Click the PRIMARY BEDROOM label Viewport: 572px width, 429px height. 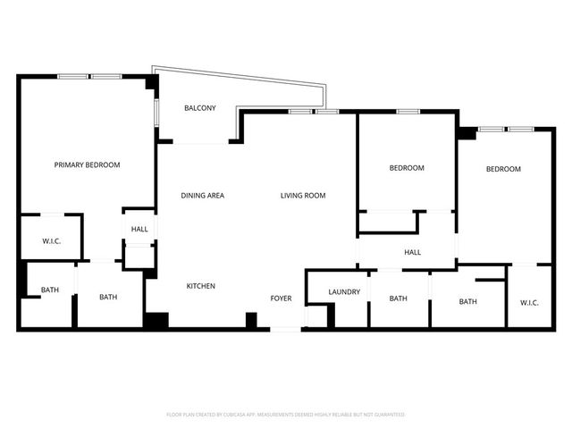[x=87, y=164]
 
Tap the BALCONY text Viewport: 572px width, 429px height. [x=199, y=108]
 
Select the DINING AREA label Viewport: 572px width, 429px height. [x=202, y=196]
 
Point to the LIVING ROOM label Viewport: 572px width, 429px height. [x=303, y=196]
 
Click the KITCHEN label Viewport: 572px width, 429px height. [x=200, y=286]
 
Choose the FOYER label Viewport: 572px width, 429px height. [x=282, y=297]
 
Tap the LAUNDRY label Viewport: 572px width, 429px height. [x=344, y=291]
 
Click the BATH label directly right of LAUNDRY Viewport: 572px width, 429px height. [x=398, y=299]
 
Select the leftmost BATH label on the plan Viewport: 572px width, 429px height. [x=49, y=290]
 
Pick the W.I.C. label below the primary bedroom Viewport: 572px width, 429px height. [x=51, y=241]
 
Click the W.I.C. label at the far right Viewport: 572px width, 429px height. [x=529, y=302]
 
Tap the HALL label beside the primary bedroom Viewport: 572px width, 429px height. [x=139, y=230]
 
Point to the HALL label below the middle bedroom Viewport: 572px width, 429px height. [x=412, y=253]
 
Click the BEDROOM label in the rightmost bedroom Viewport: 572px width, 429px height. [x=503, y=169]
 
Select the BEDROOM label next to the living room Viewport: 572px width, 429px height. [x=407, y=168]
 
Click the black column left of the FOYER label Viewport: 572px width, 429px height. [x=251, y=319]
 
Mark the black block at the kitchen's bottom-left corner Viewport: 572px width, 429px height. [x=156, y=320]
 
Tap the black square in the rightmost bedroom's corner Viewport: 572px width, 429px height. [x=467, y=132]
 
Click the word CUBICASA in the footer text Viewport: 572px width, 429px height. [x=249, y=415]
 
